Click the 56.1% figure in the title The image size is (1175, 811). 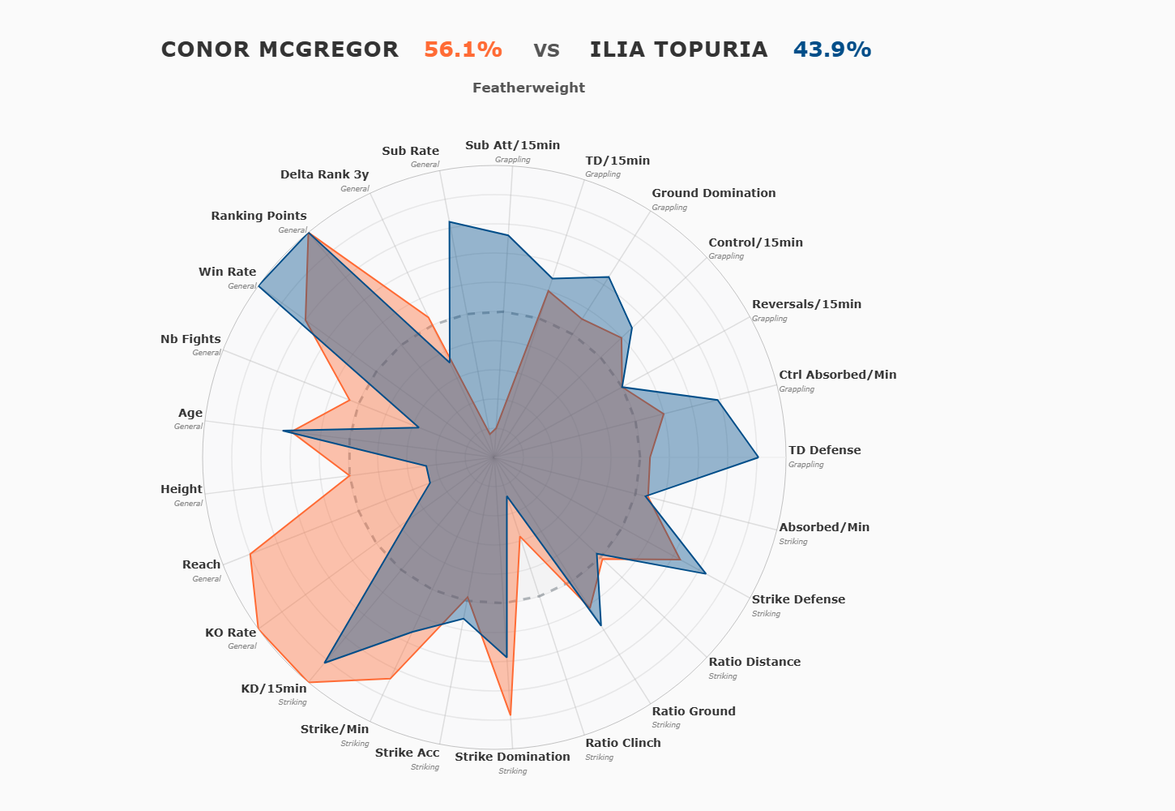tap(463, 49)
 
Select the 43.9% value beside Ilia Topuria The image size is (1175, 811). tap(832, 49)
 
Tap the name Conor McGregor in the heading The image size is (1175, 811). tap(280, 49)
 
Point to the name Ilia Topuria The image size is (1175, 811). tap(678, 49)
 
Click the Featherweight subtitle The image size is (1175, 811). tap(528, 88)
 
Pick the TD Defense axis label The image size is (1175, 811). tap(824, 450)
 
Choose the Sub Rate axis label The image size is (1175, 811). tap(410, 151)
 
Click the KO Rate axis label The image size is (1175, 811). tap(230, 633)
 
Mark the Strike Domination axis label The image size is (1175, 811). tap(512, 757)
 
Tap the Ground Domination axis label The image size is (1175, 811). tap(713, 193)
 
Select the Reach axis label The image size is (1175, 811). tap(201, 564)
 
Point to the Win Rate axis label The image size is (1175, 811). tap(227, 272)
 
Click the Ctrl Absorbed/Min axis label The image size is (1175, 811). tap(837, 375)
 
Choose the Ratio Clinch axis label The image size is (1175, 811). tap(622, 743)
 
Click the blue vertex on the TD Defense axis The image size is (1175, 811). tap(758, 458)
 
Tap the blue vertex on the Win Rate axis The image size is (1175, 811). tap(258, 286)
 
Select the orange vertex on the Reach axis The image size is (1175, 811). tap(250, 554)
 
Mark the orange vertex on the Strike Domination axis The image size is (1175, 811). tap(511, 714)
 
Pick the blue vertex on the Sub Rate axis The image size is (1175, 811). tap(450, 221)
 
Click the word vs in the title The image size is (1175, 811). tap(546, 49)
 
